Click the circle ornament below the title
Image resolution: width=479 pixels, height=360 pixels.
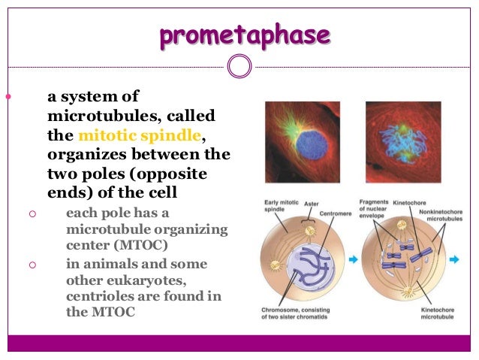(x=239, y=66)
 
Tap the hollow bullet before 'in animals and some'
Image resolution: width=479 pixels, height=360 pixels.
(x=32, y=265)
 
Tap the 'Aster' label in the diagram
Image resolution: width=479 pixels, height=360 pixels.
(x=311, y=203)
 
